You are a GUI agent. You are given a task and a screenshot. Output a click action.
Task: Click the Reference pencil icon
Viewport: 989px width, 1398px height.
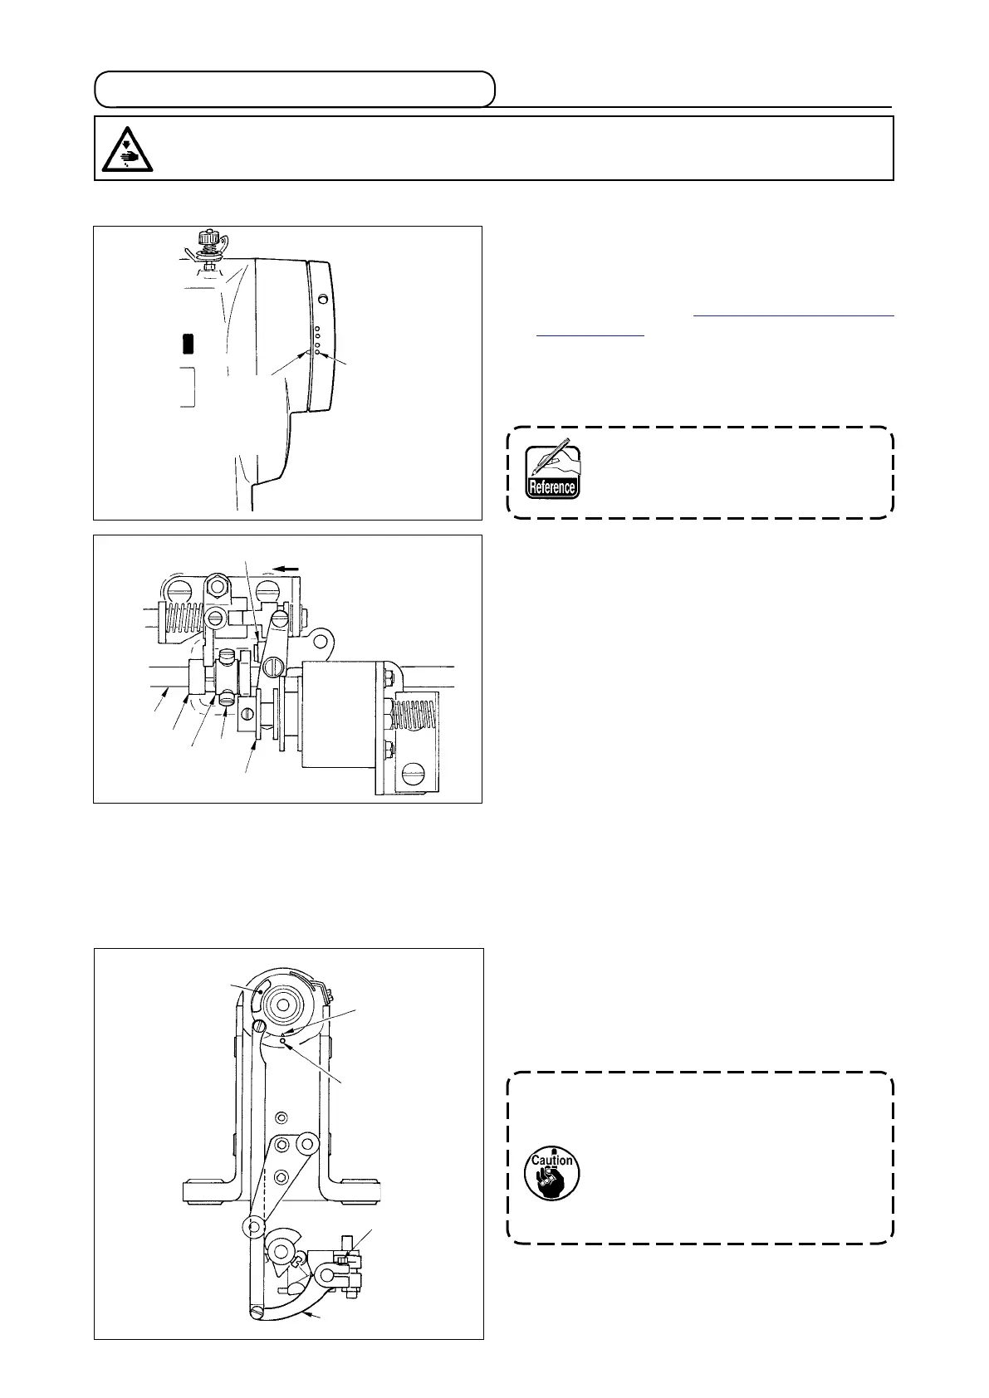point(551,471)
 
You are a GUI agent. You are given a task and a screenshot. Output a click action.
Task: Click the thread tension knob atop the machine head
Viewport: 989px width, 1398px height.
point(205,242)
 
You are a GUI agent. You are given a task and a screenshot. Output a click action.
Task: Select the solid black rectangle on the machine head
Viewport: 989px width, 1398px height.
point(188,342)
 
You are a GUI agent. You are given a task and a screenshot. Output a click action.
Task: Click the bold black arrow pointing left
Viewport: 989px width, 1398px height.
point(288,569)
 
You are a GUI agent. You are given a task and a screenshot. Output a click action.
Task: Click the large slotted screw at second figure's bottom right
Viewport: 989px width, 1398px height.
point(411,778)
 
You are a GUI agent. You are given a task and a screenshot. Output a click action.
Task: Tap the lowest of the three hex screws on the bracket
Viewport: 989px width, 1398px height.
point(282,1176)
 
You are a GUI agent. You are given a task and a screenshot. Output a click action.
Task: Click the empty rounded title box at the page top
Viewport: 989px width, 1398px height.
point(295,89)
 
